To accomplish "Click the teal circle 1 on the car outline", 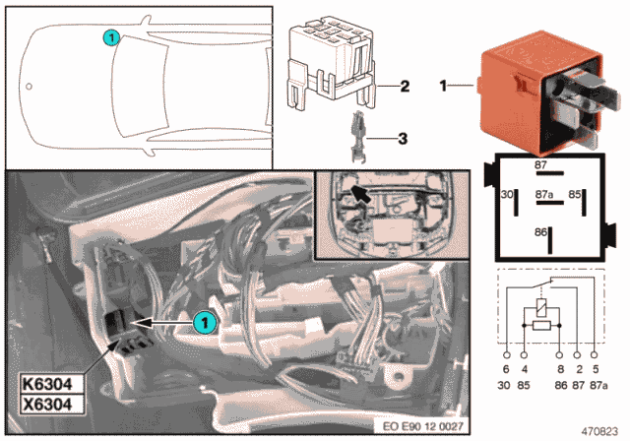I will [x=111, y=38].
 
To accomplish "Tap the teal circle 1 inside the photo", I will [x=203, y=321].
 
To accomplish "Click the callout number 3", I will [x=403, y=139].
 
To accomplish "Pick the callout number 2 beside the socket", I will [x=403, y=87].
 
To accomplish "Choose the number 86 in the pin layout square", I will [x=541, y=232].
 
